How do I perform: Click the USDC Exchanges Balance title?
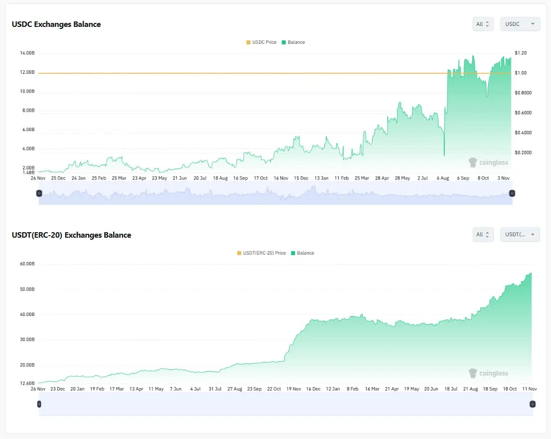tap(56, 24)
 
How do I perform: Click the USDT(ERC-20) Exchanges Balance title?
tap(71, 235)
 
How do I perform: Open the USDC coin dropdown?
tap(520, 24)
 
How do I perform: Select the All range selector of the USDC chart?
tap(483, 24)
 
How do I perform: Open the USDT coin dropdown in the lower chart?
tap(520, 234)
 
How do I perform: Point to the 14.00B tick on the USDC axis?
tap(27, 53)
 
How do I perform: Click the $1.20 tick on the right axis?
tap(521, 53)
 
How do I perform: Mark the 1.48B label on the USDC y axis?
tap(28, 172)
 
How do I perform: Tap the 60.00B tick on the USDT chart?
tap(27, 264)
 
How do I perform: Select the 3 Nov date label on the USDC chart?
tap(503, 178)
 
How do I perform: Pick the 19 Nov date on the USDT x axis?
tap(293, 389)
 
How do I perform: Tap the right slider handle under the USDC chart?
tap(512, 193)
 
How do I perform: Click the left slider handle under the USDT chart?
tap(39, 404)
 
